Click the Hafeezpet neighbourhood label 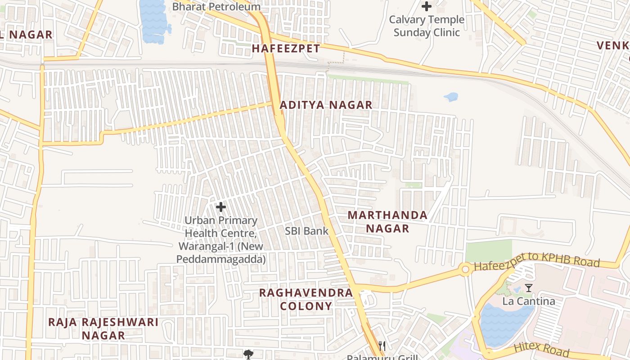[286, 49]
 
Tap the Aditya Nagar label [326, 105]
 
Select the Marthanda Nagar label [387, 222]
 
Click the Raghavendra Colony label [306, 300]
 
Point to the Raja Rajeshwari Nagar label [103, 328]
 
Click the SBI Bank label [307, 231]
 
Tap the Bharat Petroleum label [216, 7]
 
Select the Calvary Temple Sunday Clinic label [427, 26]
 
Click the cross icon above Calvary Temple [427, 6]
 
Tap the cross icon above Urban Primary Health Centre [221, 207]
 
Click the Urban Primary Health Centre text [221, 240]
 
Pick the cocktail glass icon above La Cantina [529, 288]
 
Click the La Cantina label [529, 301]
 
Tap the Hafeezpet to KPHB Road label [537, 264]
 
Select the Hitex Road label [541, 349]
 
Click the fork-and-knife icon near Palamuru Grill [382, 346]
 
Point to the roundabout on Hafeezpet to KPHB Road [465, 270]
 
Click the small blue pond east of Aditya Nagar [451, 97]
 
